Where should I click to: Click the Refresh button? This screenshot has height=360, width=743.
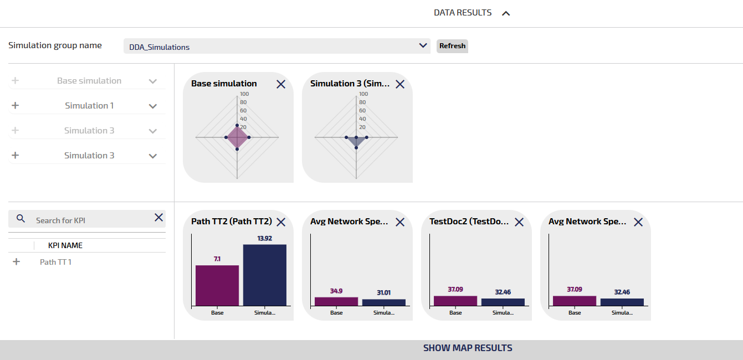[452, 46]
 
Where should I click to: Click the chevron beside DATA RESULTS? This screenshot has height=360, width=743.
[505, 13]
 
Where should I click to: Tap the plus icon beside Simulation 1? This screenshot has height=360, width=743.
[15, 106]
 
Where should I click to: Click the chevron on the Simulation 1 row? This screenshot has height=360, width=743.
[153, 106]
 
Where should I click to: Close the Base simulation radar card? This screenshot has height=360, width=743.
[281, 84]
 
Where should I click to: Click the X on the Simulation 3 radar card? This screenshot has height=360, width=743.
[400, 84]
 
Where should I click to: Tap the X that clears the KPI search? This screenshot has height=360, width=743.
[158, 218]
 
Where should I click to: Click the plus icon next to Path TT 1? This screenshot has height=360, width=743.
[16, 262]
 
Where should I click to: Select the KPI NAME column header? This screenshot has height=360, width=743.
[65, 245]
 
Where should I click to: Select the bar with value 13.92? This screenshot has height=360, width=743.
[265, 275]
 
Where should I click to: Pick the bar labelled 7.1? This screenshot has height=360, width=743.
[217, 285]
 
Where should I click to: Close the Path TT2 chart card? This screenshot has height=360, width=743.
[281, 222]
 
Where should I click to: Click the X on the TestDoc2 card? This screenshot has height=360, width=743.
[519, 222]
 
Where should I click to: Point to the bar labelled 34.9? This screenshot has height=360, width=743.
[336, 301]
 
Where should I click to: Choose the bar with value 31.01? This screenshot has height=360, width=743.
[384, 302]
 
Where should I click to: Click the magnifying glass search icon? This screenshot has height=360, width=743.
[21, 219]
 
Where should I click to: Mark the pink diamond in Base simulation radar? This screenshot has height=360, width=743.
[237, 137]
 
